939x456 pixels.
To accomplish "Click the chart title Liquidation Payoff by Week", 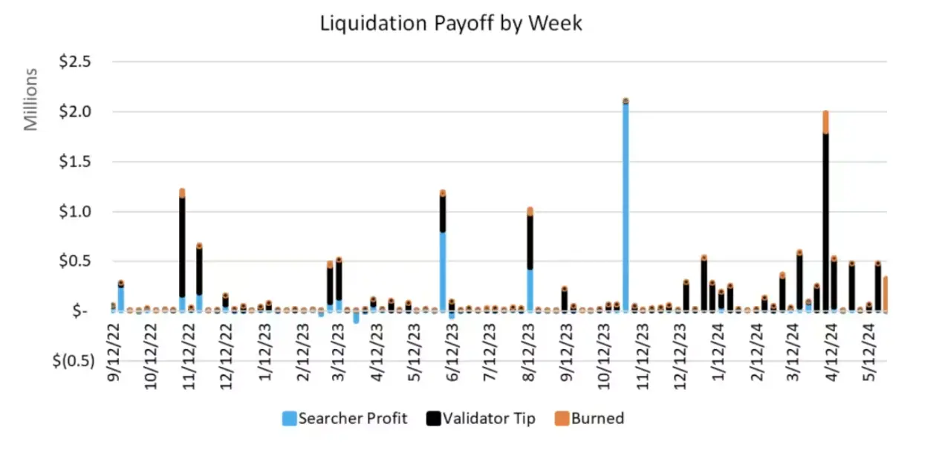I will [x=451, y=23].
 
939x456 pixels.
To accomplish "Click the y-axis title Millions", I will [x=30, y=100].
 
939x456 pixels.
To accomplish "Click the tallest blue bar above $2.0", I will [x=626, y=208].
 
